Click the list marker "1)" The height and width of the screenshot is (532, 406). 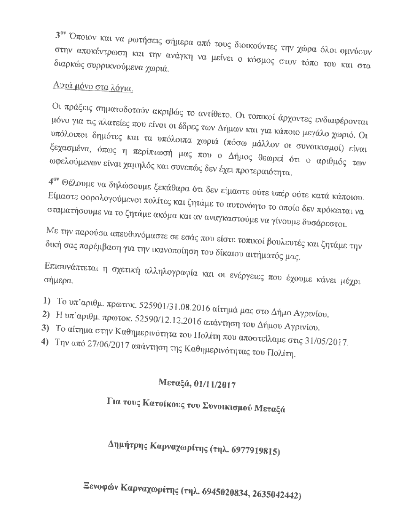point(47,301)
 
